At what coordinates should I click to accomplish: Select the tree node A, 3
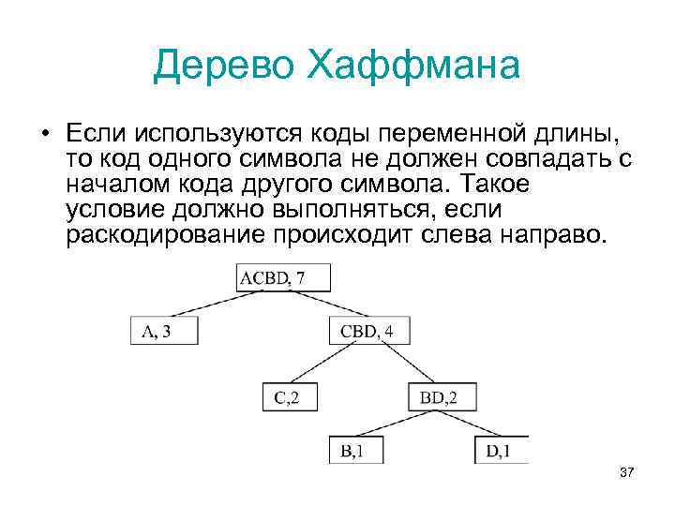tap(164, 331)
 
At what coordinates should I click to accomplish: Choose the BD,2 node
tap(438, 397)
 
